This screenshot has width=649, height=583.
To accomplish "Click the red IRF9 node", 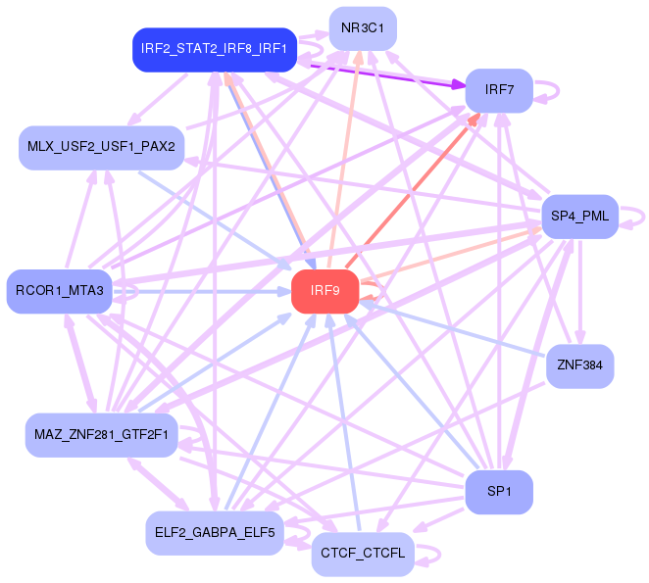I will coord(324,291).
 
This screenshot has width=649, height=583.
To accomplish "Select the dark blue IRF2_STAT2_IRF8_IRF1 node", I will coord(214,48).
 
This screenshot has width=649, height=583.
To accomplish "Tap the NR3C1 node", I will coord(362,28).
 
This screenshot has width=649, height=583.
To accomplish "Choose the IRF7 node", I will coord(499,90).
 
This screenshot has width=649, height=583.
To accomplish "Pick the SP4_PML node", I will coord(579,216).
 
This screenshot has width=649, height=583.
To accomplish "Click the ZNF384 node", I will coord(579,366).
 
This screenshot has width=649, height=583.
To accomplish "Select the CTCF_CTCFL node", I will coord(363,554).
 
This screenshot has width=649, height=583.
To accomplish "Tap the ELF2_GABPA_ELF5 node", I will coord(214,533).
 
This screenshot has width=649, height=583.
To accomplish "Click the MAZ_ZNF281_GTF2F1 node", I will coord(101,434).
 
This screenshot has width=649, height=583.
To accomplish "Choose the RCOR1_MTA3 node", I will coord(60,291).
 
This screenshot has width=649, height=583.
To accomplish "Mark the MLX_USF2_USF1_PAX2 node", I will coord(101,147).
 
